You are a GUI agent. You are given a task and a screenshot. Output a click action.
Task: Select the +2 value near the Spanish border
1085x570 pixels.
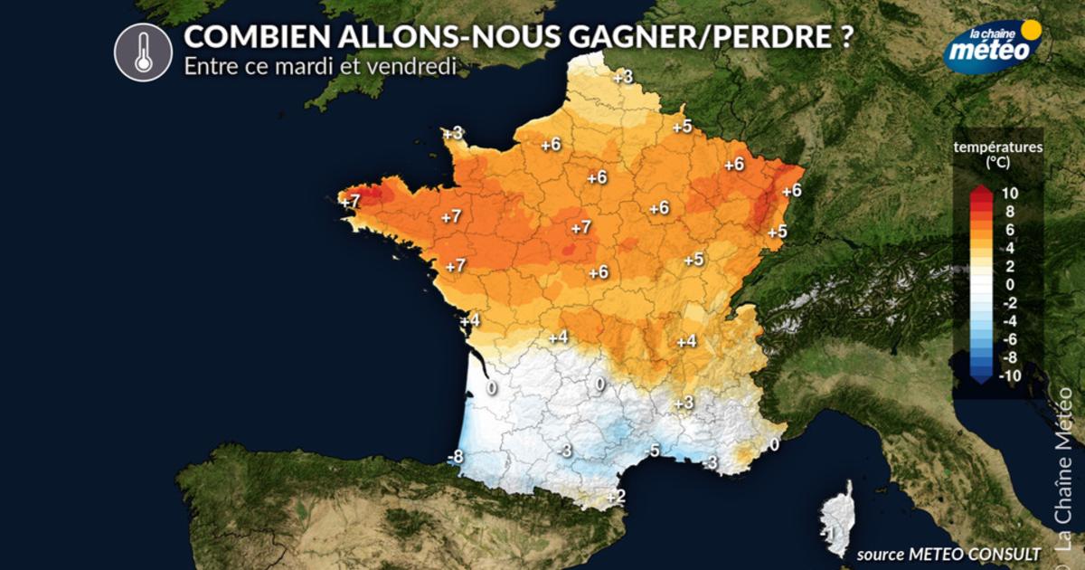(616, 497)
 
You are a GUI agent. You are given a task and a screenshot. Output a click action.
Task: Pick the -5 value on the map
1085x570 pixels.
(652, 451)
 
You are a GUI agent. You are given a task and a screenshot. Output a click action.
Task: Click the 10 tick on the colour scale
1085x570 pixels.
(1010, 193)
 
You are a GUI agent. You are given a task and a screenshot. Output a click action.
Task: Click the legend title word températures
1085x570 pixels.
(997, 147)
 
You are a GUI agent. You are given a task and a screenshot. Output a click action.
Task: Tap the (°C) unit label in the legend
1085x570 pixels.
(997, 162)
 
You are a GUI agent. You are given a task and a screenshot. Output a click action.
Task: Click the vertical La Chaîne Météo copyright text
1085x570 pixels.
(1063, 470)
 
